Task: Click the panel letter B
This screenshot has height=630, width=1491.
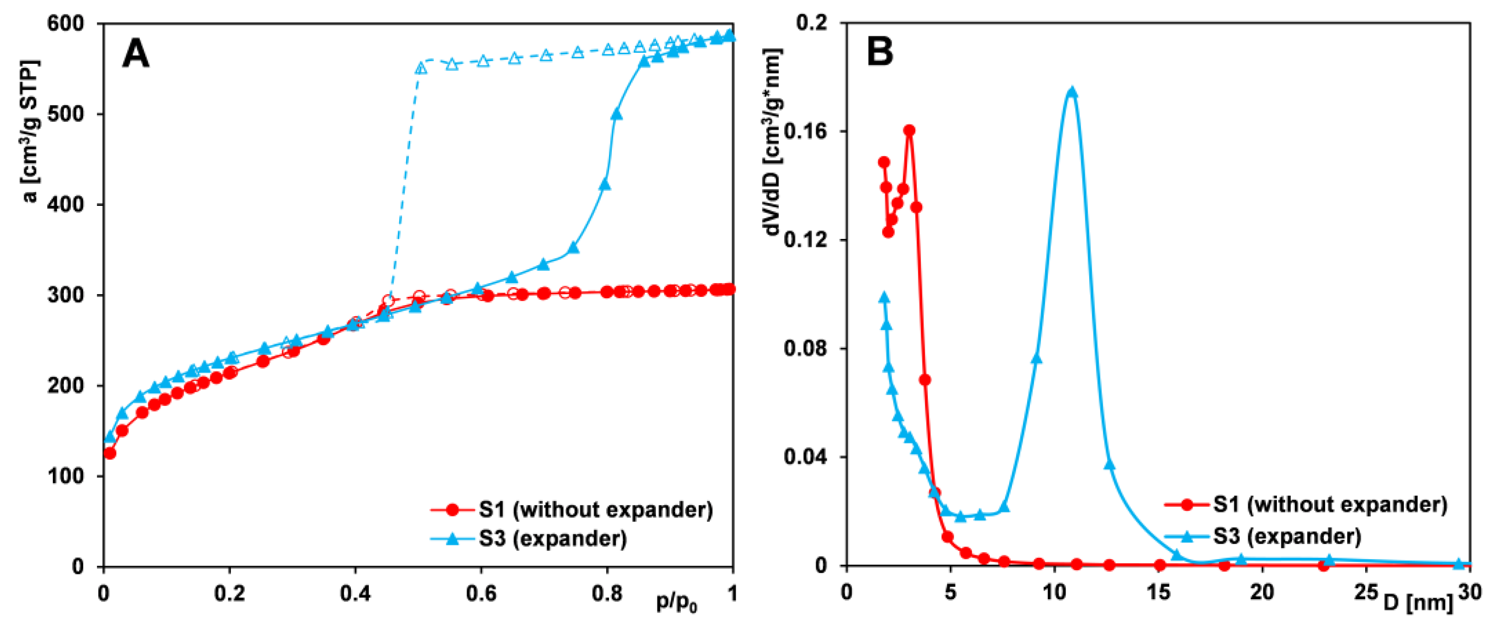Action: [879, 51]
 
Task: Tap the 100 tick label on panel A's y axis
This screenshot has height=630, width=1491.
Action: [67, 476]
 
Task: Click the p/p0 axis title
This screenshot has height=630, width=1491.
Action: [676, 603]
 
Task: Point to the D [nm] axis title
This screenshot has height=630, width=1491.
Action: [1418, 603]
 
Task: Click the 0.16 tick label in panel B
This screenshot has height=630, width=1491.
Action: [810, 131]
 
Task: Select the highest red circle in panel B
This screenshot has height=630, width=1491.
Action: [909, 131]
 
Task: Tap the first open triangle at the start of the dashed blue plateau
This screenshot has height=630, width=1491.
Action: [421, 68]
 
